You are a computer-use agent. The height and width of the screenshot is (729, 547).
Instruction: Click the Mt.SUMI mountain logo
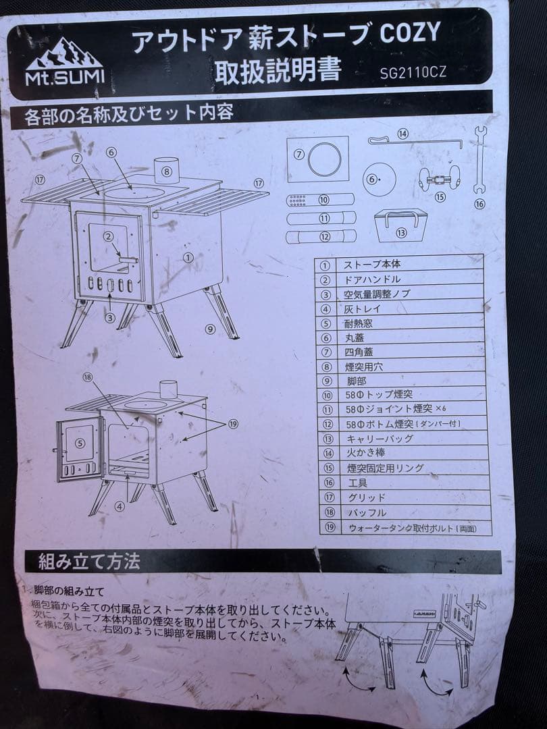tap(64, 62)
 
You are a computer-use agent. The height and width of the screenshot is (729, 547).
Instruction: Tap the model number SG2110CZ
tap(413, 72)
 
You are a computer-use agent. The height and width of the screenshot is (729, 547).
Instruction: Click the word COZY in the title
tap(410, 34)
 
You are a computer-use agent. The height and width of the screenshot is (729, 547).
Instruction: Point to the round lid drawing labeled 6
tap(379, 179)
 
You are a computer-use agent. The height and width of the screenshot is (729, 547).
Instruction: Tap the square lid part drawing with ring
tap(317, 159)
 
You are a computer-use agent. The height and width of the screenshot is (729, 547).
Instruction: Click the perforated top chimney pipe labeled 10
tap(320, 200)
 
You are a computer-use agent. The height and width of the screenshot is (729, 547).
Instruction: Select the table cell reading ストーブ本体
tap(371, 264)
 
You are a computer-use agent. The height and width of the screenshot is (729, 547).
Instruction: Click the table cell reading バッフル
tap(367, 513)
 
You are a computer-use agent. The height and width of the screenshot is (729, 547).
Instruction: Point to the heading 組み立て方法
tap(88, 562)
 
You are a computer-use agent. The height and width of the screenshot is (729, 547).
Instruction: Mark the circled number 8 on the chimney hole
tap(167, 171)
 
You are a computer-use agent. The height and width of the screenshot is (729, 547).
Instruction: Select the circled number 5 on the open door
tap(80, 443)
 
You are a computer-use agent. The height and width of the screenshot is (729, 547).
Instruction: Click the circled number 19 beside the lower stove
tap(233, 424)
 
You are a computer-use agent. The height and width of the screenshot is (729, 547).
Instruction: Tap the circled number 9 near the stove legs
tap(211, 329)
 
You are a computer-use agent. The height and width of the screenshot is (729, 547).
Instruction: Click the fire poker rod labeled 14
tap(415, 140)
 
